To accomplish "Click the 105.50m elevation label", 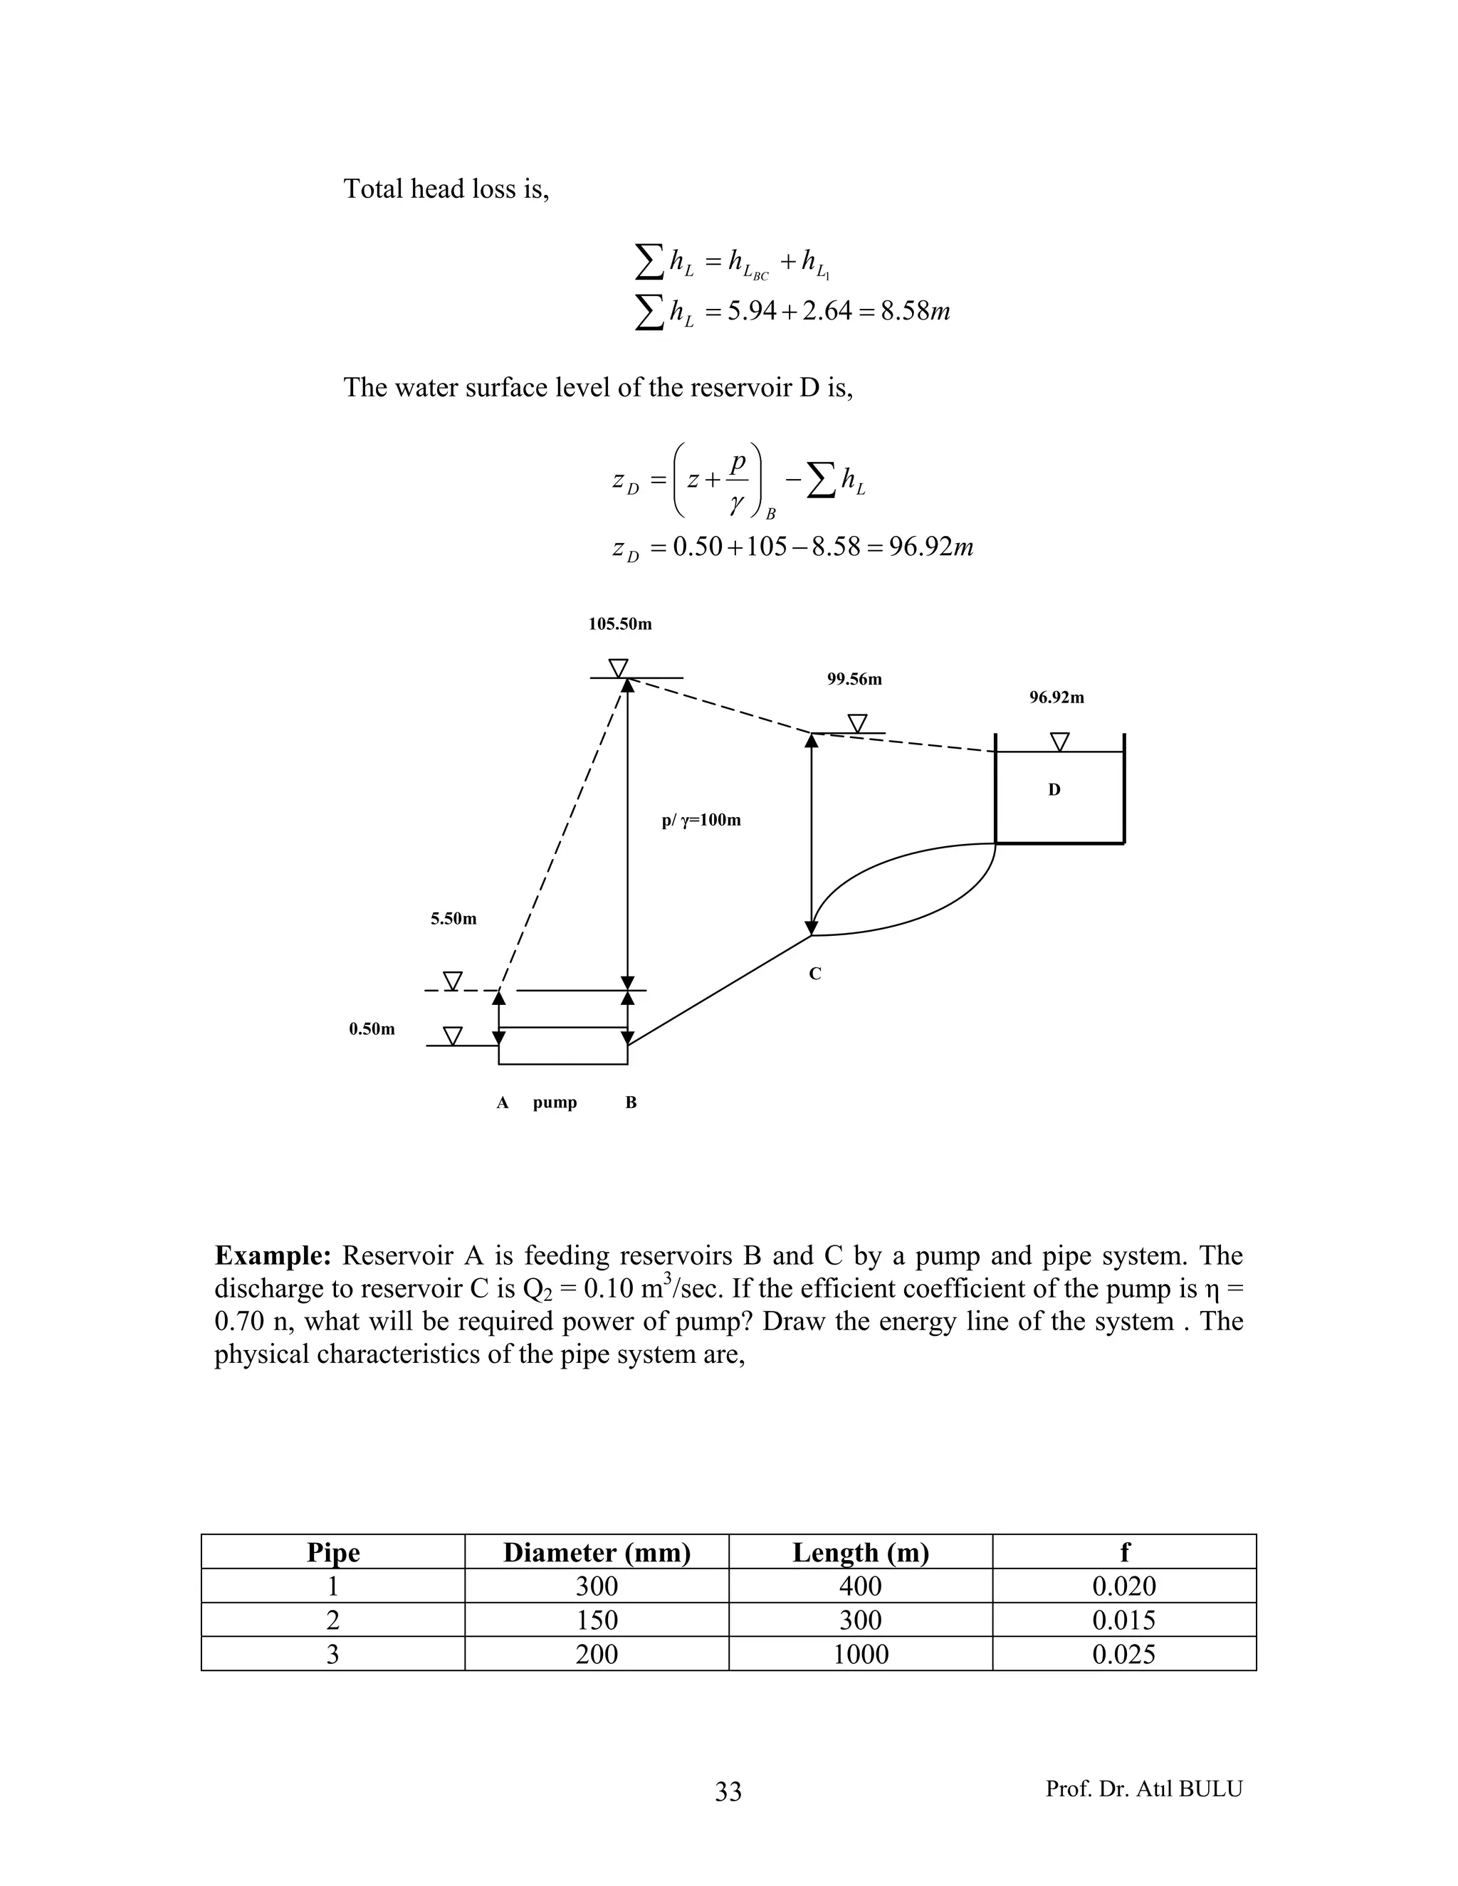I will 620,624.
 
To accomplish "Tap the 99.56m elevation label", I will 854,680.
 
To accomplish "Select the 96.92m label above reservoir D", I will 1056,697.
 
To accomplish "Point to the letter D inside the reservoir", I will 1054,790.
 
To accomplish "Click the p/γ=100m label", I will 701,821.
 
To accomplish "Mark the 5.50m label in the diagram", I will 453,920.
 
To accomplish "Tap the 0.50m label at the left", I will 372,1029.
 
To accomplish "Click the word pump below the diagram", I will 555,1102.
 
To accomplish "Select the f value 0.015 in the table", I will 1123,1621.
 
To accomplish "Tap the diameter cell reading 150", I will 597,1621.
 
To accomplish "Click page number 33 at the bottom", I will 728,1793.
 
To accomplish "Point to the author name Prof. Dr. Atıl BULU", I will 1143,1789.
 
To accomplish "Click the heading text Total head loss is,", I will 446,189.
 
